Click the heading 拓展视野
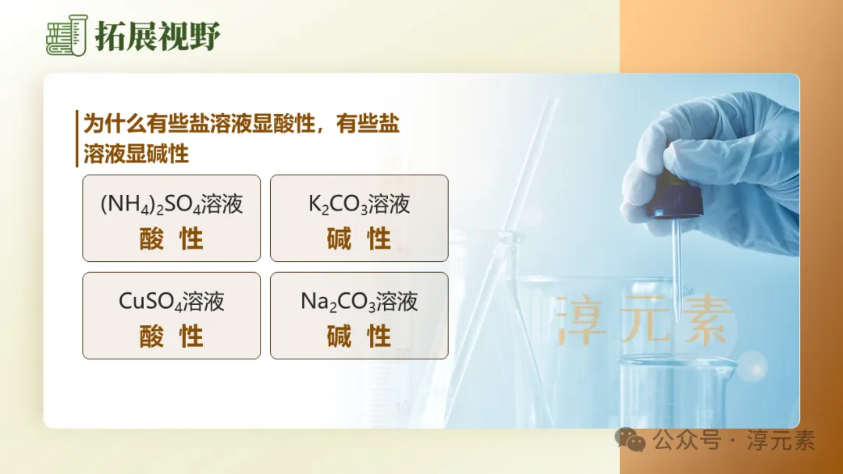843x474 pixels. pyautogui.click(x=158, y=36)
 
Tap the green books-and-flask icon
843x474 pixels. pyautogui.click(x=66, y=36)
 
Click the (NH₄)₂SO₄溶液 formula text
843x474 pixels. pyautogui.click(x=172, y=204)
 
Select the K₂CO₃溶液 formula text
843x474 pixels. pyautogui.click(x=359, y=204)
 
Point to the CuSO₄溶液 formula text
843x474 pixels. pyautogui.click(x=172, y=302)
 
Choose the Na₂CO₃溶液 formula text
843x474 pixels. pyautogui.click(x=359, y=302)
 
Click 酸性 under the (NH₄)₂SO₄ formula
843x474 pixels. pyautogui.click(x=172, y=239)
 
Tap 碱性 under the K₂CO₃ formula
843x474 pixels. pyautogui.click(x=359, y=239)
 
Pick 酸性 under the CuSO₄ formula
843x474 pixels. pyautogui.click(x=172, y=337)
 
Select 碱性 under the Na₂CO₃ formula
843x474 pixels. pyautogui.click(x=359, y=337)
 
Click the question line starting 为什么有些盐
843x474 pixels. pyautogui.click(x=241, y=124)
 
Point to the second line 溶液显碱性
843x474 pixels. pyautogui.click(x=136, y=153)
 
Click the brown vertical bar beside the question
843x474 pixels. pyautogui.click(x=77, y=138)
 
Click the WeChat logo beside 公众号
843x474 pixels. pyautogui.click(x=631, y=439)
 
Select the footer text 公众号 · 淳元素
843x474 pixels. pyautogui.click(x=734, y=440)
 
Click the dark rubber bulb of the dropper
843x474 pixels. pyautogui.click(x=672, y=198)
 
